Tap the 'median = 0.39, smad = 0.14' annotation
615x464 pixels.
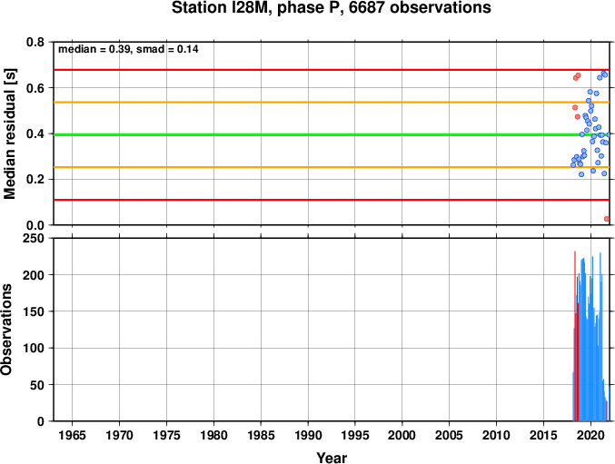point(128,49)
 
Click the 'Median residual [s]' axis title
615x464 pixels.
point(10,133)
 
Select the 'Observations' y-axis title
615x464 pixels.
point(6,330)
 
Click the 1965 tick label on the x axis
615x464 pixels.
point(72,435)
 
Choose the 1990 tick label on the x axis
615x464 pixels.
point(308,435)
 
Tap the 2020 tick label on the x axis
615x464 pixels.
point(590,435)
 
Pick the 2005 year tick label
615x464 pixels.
point(449,435)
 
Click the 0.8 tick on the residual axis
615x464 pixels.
point(35,42)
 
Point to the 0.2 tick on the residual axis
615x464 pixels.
point(35,180)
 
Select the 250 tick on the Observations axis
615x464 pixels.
point(34,238)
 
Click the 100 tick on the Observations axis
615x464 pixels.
point(34,348)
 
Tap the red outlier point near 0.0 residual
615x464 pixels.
point(607,219)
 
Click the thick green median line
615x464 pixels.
point(332,134)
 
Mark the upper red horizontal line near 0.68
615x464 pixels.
point(332,70)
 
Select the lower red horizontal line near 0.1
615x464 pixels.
point(332,200)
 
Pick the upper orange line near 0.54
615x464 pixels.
point(332,103)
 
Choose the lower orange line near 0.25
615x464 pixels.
point(332,167)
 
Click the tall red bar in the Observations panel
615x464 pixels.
point(575,336)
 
